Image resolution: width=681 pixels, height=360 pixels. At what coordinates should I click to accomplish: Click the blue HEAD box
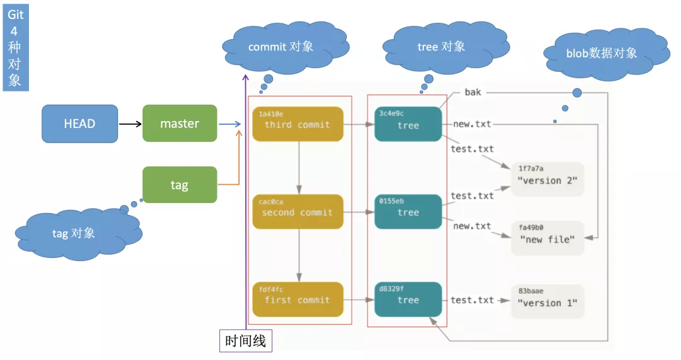[79, 124]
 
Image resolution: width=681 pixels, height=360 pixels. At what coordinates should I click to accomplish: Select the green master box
[180, 124]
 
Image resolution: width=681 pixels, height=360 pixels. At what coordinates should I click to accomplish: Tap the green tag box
[180, 185]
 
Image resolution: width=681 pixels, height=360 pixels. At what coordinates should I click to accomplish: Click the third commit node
[297, 124]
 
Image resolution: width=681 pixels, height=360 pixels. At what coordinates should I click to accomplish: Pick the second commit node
[297, 212]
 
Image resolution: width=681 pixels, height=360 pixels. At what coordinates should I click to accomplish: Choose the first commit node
[297, 299]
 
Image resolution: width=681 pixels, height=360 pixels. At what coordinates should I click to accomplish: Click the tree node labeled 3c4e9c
[408, 124]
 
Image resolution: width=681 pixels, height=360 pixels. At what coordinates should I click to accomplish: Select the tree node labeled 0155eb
[408, 212]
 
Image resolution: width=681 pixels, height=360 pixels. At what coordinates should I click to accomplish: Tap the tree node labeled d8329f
[408, 299]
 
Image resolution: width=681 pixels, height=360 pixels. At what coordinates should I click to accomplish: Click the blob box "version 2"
[547, 179]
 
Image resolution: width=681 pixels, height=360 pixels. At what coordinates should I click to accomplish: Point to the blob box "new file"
[547, 238]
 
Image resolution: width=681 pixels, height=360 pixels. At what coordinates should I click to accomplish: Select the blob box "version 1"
[547, 301]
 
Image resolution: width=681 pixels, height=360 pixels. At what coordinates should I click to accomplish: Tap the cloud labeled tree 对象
[441, 47]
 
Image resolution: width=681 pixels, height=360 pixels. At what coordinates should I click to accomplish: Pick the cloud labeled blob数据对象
[602, 54]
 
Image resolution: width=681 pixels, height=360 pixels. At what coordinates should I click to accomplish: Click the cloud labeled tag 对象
[74, 233]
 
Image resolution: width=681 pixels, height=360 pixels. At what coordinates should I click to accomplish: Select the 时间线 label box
[246, 341]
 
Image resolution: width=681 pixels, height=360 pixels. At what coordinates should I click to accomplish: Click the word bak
[473, 93]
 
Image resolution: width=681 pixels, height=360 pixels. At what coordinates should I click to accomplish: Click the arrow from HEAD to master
[130, 124]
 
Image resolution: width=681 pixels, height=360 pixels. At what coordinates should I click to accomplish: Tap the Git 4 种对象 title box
[15, 47]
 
